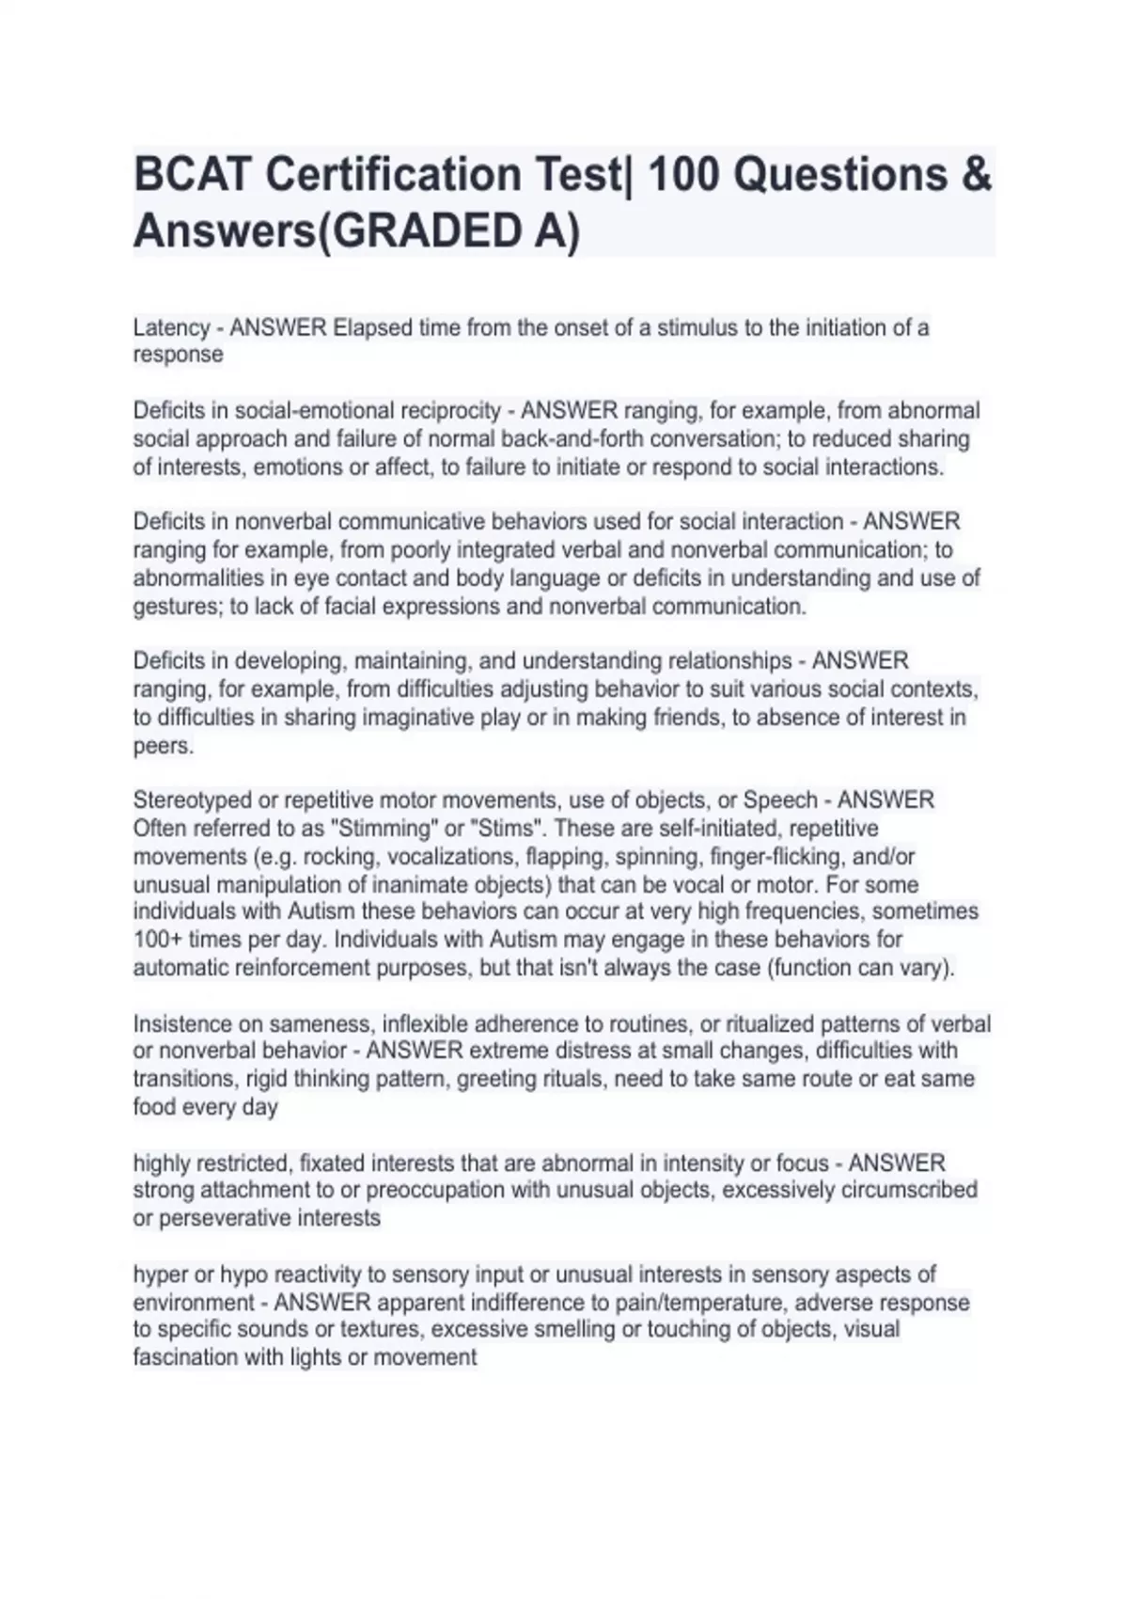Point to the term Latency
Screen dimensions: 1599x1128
171,328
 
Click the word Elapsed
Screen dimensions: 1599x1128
372,328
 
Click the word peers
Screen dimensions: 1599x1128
163,746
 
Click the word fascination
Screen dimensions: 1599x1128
185,1357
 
